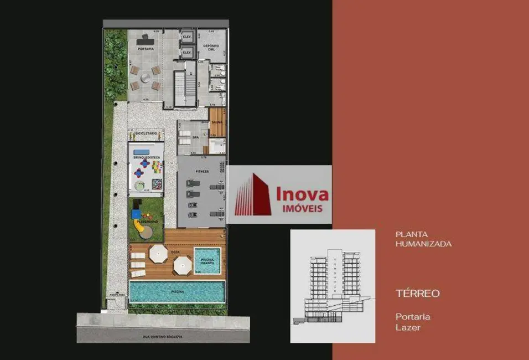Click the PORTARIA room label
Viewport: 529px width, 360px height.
coord(146,49)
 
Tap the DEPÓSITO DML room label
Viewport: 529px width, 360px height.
coord(209,47)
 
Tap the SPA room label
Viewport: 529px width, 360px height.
coord(195,137)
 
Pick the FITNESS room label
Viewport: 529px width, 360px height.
coord(201,171)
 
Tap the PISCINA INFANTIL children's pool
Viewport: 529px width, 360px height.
coord(208,261)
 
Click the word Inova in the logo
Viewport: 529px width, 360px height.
coord(302,194)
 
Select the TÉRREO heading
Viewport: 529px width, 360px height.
coord(418,294)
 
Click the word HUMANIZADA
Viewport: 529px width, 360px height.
coord(423,244)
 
